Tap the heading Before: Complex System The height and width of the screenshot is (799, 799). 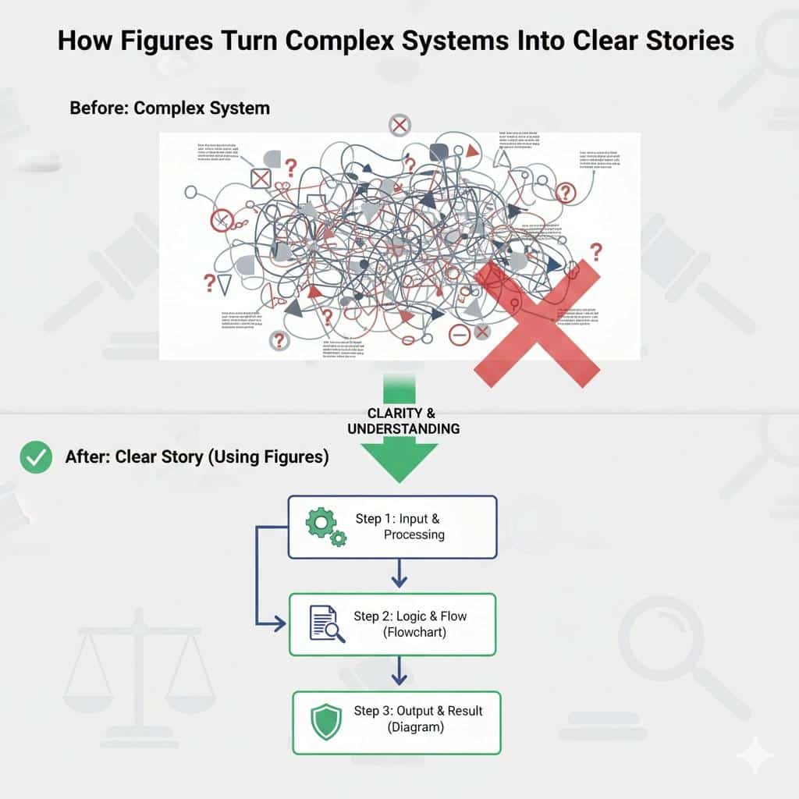tap(169, 108)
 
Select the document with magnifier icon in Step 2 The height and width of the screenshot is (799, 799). tap(327, 624)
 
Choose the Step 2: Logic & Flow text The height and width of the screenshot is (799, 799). tap(410, 616)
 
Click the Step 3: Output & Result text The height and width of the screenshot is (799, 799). tap(417, 711)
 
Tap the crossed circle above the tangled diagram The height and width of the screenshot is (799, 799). tap(399, 125)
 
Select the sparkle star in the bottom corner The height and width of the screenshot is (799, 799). tap(755, 755)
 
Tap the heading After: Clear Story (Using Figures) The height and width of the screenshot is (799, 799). tap(196, 457)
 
